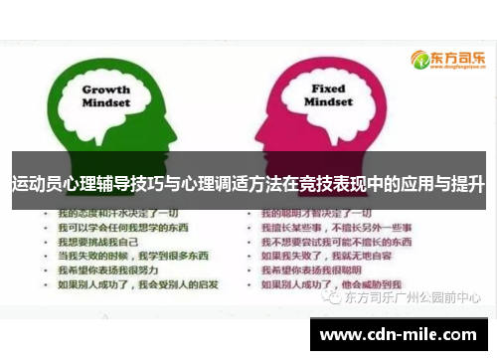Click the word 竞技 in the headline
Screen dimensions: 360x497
coord(315,183)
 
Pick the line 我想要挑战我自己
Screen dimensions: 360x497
coord(95,242)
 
